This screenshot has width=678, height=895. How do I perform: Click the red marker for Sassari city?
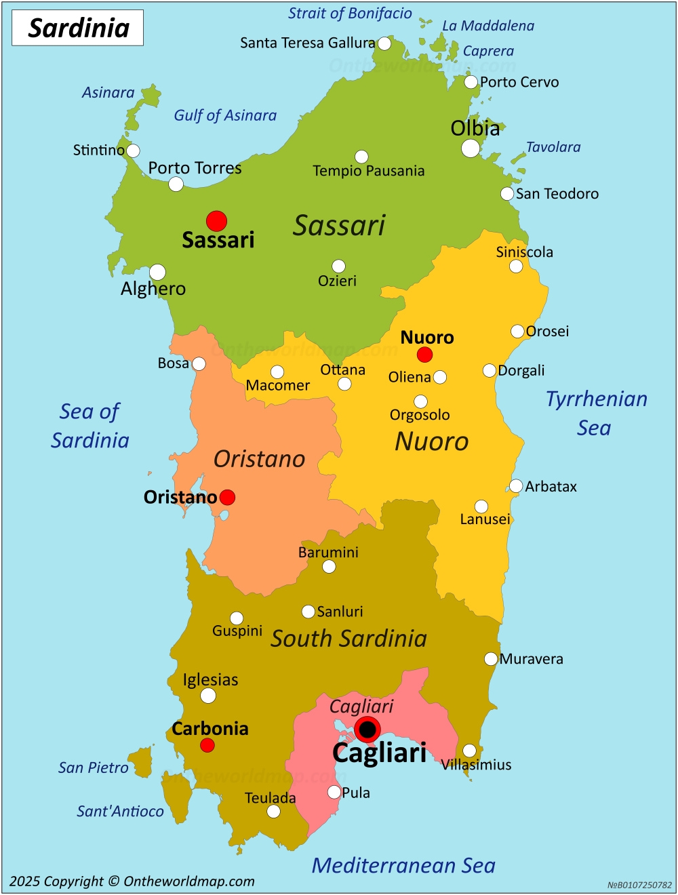216,221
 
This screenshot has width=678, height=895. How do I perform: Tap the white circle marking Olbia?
471,148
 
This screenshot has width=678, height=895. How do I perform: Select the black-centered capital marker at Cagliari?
367,730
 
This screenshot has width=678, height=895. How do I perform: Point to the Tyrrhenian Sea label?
596,413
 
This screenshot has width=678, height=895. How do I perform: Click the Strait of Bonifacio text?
350,14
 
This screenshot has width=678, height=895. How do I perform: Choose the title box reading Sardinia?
78,28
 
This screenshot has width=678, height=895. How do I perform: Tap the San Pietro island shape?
142,761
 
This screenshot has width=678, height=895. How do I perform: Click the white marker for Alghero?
157,273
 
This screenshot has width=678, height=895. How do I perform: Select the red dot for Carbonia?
207,745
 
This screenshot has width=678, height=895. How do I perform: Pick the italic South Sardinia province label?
348,638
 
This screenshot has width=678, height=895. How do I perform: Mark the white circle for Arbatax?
516,486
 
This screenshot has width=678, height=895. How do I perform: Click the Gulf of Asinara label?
225,115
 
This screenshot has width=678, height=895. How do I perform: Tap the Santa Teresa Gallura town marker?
384,44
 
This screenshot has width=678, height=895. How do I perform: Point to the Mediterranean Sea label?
403,865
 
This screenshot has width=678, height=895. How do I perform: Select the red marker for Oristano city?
228,498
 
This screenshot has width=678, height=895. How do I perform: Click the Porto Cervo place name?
519,82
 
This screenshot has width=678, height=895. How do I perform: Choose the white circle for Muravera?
491,659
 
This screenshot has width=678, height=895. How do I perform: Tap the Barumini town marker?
329,567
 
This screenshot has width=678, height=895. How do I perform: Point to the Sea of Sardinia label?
90,426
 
